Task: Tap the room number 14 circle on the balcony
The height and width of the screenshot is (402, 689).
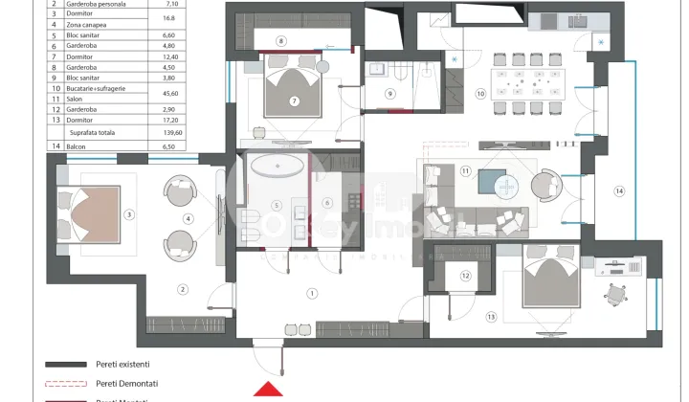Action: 619,191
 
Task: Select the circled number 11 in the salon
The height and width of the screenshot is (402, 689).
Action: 466,171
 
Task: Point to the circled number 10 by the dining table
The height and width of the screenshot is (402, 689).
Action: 480,93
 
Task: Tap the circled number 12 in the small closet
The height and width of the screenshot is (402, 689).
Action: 466,276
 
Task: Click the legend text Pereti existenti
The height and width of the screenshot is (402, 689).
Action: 122,364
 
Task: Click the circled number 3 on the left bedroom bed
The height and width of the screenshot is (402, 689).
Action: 129,214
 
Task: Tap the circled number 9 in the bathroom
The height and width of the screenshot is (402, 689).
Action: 390,93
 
